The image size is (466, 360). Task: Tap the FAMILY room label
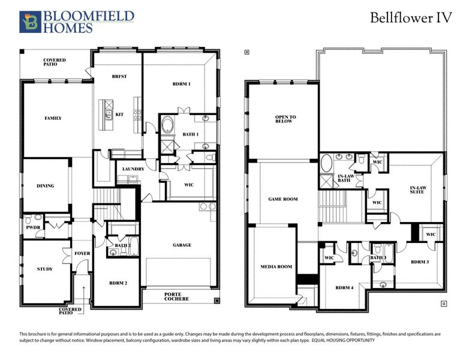pos(53,118)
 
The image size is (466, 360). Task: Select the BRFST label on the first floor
pos(118,77)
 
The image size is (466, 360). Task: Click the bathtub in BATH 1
pos(167,127)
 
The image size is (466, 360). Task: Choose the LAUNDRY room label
pos(133,169)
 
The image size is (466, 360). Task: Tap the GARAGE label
pos(182,245)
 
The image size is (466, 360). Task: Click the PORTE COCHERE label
pos(177,296)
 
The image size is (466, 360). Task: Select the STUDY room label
pos(44,269)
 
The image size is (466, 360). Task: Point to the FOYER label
pos(82,253)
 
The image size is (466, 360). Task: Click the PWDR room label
pos(32,228)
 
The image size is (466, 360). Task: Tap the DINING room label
pos(46,186)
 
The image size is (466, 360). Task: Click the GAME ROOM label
pos(282,199)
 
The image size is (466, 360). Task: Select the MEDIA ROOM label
pos(276,266)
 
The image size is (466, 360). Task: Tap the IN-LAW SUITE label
pos(417,191)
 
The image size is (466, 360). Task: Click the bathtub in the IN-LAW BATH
pos(327,163)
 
